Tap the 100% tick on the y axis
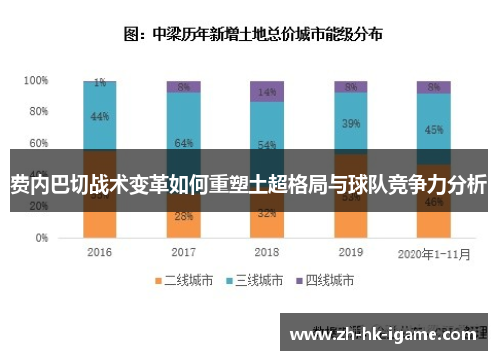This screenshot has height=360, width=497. (36, 80)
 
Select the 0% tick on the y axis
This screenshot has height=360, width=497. (41, 239)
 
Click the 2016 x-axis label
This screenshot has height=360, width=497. (99, 252)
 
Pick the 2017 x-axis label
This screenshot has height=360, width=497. (183, 252)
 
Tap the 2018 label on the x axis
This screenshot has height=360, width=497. (267, 252)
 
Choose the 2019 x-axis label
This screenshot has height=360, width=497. (351, 252)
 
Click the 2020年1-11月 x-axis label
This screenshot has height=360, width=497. (433, 253)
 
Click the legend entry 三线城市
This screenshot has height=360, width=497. (257, 279)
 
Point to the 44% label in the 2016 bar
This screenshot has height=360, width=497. (100, 116)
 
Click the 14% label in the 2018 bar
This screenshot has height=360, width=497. (267, 91)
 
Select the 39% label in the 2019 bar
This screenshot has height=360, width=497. (351, 124)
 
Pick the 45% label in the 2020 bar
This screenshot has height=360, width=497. (434, 128)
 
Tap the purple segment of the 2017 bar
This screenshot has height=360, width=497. (183, 87)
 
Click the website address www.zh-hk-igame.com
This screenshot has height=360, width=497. (387, 334)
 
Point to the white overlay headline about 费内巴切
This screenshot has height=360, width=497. (248, 183)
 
